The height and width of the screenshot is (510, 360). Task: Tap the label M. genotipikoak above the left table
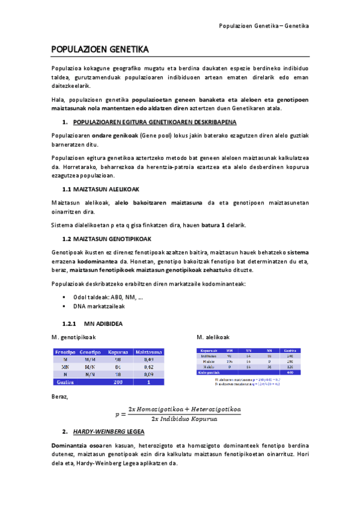point(75,337)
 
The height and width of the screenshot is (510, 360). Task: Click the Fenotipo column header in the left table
point(65,351)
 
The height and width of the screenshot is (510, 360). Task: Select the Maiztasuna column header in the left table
point(148,351)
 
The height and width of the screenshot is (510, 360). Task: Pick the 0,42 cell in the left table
point(148,366)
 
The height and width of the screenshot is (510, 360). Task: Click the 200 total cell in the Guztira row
point(117,381)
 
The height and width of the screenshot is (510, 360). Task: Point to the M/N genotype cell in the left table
point(90,366)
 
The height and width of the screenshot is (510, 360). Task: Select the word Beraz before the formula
point(60,396)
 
